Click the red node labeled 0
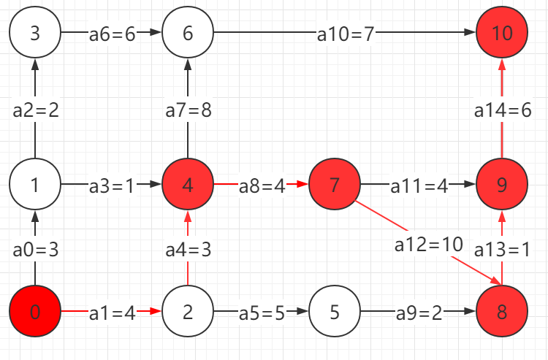pyautogui.click(x=34, y=313)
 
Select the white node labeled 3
pyautogui.click(x=34, y=33)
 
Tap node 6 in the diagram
pyautogui.click(x=188, y=33)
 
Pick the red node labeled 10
pyautogui.click(x=501, y=33)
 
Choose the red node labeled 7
pyautogui.click(x=335, y=185)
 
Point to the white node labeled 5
pyautogui.click(x=335, y=313)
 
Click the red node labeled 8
pyautogui.click(x=501, y=313)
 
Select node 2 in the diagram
pyautogui.click(x=188, y=313)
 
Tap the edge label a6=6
pyautogui.click(x=113, y=34)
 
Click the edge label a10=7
pyautogui.click(x=346, y=34)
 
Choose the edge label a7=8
pyautogui.click(x=188, y=111)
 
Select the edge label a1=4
pyautogui.click(x=113, y=314)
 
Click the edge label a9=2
pyautogui.click(x=418, y=314)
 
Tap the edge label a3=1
pyautogui.click(x=113, y=185)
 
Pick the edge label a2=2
pyautogui.click(x=35, y=111)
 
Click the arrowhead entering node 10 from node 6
pyautogui.click(x=470, y=33)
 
